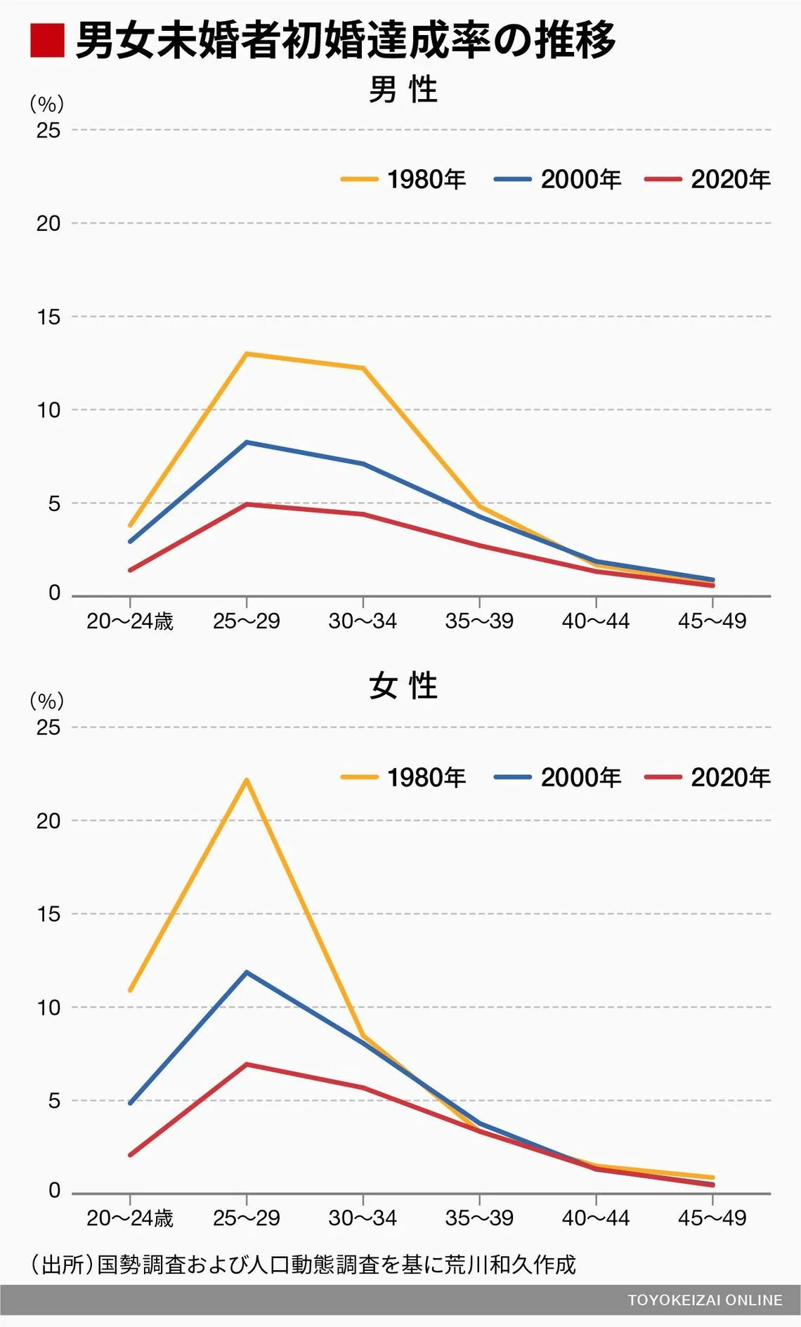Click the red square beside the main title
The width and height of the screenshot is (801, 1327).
tap(47, 40)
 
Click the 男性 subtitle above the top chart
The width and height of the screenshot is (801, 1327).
tap(403, 90)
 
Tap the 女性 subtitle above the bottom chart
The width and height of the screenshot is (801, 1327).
tap(403, 686)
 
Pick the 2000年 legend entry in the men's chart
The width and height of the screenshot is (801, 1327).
tap(558, 180)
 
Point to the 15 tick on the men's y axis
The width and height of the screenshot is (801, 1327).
tap(48, 317)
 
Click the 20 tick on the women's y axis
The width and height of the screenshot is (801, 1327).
tap(48, 821)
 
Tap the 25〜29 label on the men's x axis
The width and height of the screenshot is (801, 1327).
tap(247, 621)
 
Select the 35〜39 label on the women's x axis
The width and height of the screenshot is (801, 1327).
tap(479, 1218)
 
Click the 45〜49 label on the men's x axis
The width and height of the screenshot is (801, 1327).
tap(712, 621)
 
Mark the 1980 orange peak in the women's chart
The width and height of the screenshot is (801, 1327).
tap(247, 779)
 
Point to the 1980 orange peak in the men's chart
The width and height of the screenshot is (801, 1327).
tap(247, 354)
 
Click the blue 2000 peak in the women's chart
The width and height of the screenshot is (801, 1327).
tap(247, 972)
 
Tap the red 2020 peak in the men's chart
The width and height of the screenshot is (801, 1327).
tap(247, 504)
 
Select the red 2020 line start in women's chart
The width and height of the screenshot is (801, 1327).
tap(131, 1154)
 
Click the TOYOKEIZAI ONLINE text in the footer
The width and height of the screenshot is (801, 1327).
tap(705, 1300)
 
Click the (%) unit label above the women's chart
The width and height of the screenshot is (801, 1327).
tap(47, 701)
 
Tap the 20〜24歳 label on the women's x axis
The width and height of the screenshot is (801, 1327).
tap(130, 1218)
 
